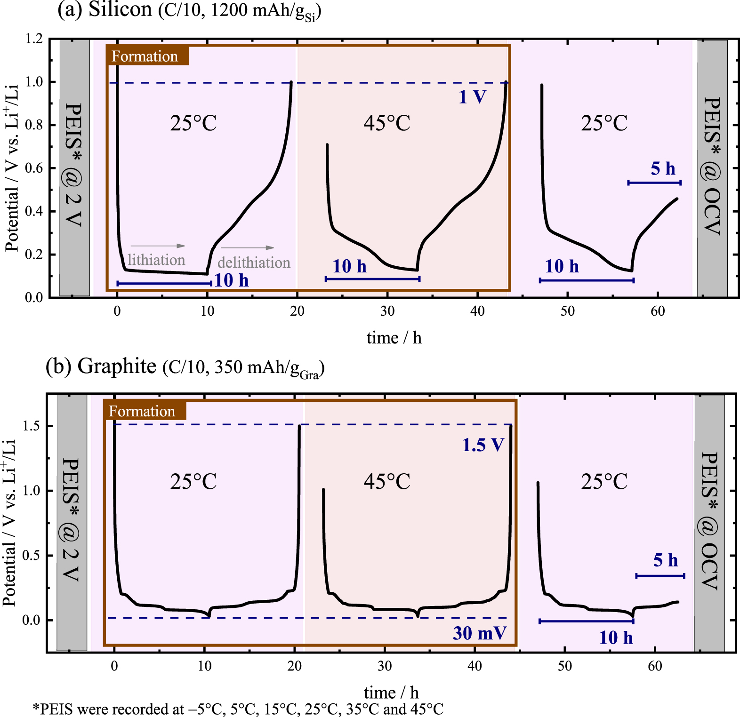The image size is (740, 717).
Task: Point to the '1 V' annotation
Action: (x=472, y=97)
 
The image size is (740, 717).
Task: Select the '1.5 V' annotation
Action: (x=483, y=445)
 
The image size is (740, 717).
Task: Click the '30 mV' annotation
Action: (x=479, y=633)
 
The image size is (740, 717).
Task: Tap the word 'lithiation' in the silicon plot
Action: (x=156, y=260)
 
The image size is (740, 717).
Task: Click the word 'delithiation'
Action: (x=254, y=262)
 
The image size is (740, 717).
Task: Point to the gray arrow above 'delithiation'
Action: (x=247, y=247)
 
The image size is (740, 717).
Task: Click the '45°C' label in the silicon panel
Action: (x=387, y=123)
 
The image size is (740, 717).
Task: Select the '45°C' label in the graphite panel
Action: (x=387, y=481)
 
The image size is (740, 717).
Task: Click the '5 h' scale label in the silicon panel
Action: (x=663, y=168)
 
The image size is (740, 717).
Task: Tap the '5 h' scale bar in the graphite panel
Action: (x=660, y=575)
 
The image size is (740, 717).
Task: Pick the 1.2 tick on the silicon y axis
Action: (x=34, y=39)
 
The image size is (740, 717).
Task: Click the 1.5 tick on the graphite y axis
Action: (x=31, y=426)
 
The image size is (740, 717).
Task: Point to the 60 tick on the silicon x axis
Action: (x=658, y=311)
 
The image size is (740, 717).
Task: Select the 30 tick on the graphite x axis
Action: (x=385, y=666)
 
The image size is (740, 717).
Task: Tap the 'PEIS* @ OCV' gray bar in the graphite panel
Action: (x=709, y=522)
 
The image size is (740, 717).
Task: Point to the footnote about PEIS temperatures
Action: (x=238, y=709)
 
